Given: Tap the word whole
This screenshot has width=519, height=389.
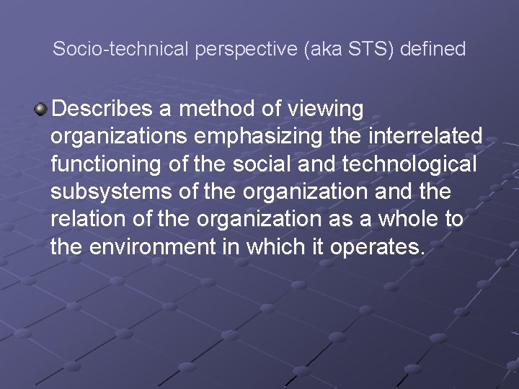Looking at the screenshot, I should (401, 219).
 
